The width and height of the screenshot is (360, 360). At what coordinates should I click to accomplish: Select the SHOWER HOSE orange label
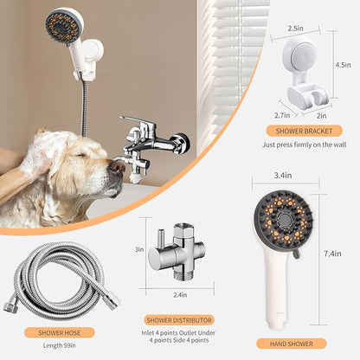pyautogui.click(x=61, y=331)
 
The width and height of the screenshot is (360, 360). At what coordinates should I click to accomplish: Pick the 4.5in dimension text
pyautogui.click(x=342, y=64)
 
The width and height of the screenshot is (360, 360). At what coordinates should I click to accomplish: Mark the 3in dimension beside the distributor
pyautogui.click(x=139, y=250)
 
